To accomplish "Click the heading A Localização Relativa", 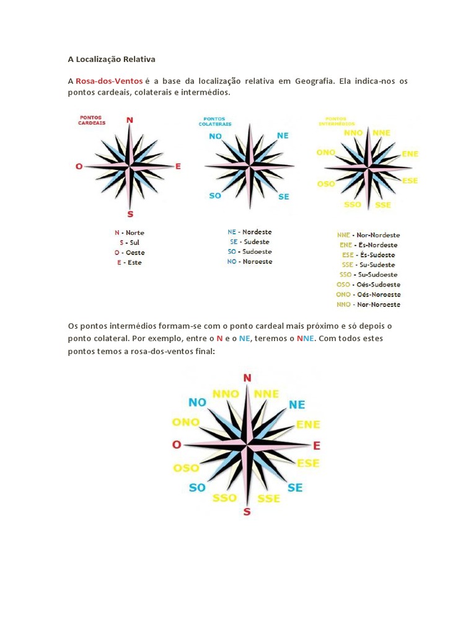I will point(112,60).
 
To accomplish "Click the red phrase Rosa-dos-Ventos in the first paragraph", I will point(109,81).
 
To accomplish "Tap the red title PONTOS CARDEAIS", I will point(92,120).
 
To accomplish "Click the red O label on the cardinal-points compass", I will point(79,166).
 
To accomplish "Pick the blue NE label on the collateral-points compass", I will point(283,135).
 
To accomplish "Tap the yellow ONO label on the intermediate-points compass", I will point(325,152).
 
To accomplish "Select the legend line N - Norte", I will point(129,233).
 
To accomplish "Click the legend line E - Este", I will point(129,262).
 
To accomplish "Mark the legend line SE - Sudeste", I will point(249,242).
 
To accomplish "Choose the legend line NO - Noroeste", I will point(249,262).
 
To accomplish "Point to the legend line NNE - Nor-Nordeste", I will point(368,235).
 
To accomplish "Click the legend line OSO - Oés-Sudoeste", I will point(368,285).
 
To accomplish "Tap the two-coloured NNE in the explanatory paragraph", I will point(306,339).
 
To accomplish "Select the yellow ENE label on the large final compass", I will point(308,425).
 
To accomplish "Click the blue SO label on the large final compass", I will point(197,487).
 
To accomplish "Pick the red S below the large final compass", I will point(247,512).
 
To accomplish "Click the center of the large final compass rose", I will point(247,445).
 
